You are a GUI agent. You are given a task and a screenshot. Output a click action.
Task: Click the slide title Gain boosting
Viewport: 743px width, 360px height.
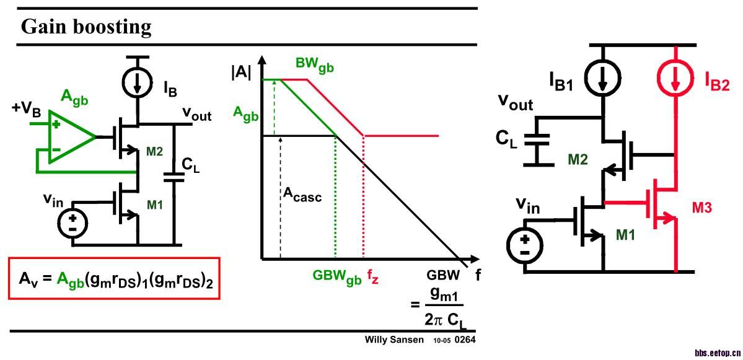click(86, 27)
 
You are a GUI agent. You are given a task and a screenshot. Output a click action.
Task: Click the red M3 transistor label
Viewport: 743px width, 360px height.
click(702, 208)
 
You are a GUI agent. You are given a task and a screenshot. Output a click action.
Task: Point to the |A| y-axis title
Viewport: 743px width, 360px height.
click(242, 71)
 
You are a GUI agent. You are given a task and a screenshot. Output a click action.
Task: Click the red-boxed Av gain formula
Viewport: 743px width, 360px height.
click(115, 279)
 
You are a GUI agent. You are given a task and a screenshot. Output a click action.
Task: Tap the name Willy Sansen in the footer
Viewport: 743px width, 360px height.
click(393, 340)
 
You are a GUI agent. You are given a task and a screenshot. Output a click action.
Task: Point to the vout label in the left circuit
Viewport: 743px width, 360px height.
click(196, 115)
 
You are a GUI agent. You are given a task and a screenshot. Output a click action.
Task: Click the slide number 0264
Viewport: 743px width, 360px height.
click(465, 340)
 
